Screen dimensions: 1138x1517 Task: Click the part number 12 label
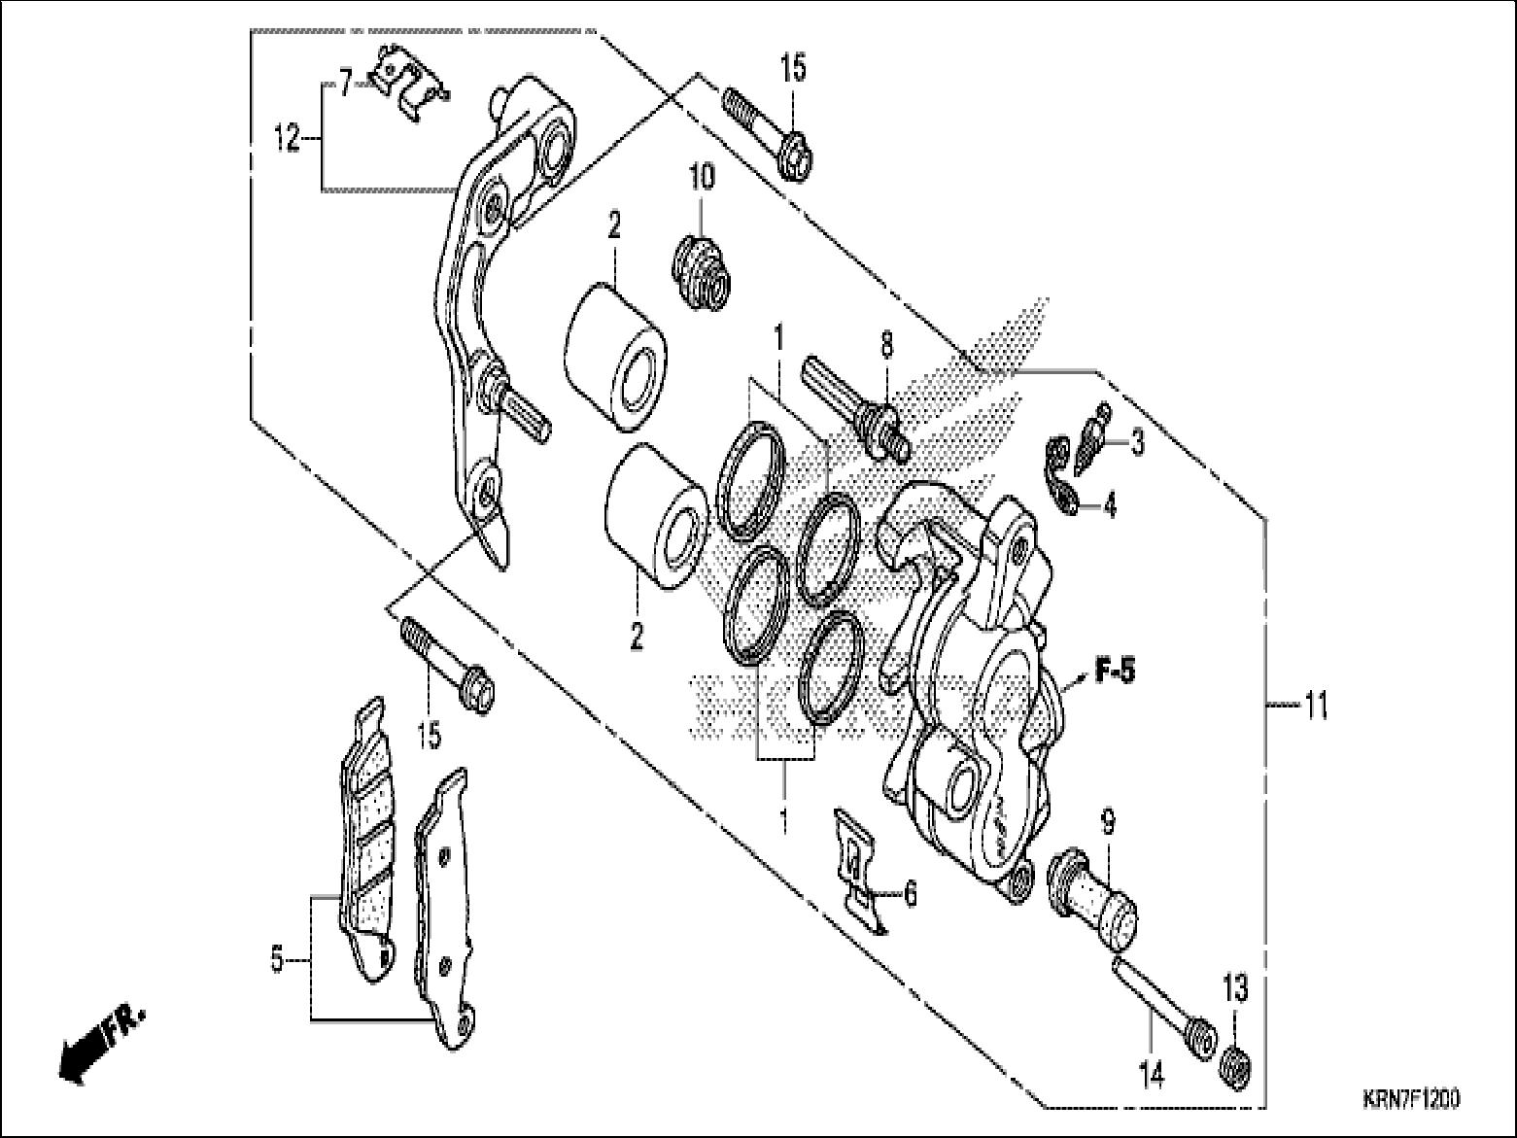(287, 140)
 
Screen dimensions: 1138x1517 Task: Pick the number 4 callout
(1109, 505)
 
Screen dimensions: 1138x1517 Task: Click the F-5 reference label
(1115, 671)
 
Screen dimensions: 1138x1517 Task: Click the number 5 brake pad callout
(277, 961)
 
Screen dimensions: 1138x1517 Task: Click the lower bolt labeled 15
(446, 666)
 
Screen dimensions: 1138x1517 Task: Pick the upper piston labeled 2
(614, 357)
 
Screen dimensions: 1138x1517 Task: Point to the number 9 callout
(1107, 823)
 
